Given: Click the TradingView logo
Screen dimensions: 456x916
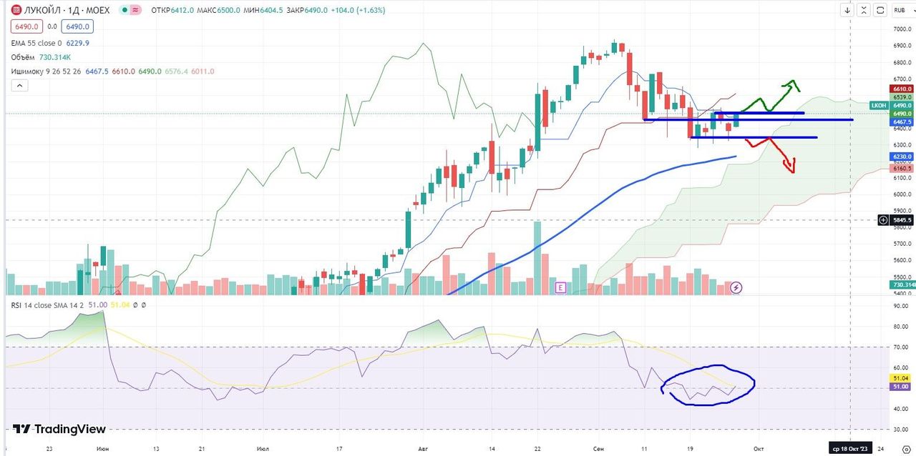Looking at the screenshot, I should pyautogui.click(x=60, y=429).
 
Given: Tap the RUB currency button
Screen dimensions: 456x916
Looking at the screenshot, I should pyautogui.click(x=900, y=10).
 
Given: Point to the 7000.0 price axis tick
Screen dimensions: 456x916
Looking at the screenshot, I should pyautogui.click(x=901, y=29).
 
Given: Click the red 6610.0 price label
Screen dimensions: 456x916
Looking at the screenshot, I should pyautogui.click(x=902, y=88).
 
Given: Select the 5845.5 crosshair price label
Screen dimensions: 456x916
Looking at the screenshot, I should pyautogui.click(x=901, y=220).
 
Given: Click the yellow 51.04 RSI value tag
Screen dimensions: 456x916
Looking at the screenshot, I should pyautogui.click(x=901, y=377).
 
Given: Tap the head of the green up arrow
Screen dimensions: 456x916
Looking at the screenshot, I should pyautogui.click(x=792, y=83).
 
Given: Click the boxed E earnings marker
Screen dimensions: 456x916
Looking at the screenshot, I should pyautogui.click(x=561, y=287).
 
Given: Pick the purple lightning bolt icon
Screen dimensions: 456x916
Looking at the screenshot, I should pyautogui.click(x=736, y=287).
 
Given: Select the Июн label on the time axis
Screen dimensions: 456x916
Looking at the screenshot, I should pyautogui.click(x=102, y=449).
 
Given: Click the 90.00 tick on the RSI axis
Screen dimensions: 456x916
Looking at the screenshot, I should pyautogui.click(x=900, y=306).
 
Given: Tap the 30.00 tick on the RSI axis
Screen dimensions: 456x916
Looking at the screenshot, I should pyautogui.click(x=900, y=430).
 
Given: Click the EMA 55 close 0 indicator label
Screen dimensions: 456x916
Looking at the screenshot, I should pyautogui.click(x=36, y=43).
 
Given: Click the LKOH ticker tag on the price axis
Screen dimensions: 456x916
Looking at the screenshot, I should pyautogui.click(x=878, y=105).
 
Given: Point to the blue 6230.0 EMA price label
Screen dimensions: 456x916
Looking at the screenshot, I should pyautogui.click(x=902, y=157).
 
